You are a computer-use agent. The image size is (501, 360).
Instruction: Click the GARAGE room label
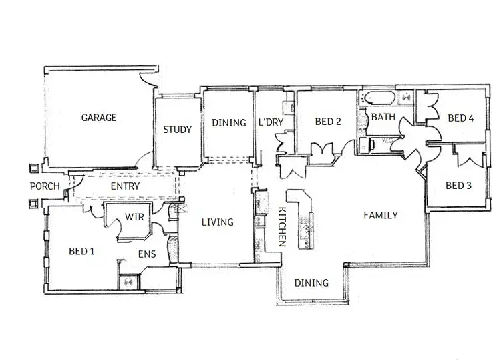click(x=98, y=118)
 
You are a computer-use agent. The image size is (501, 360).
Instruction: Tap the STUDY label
click(x=178, y=130)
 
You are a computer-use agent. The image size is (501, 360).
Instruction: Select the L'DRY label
click(x=272, y=122)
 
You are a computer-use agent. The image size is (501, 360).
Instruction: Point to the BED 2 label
click(x=328, y=122)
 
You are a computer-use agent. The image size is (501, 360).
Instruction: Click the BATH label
click(x=383, y=117)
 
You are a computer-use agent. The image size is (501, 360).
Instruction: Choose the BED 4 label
click(x=460, y=118)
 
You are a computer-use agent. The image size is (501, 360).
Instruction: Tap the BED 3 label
click(x=458, y=185)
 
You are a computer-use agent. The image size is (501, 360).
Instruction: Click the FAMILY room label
click(x=381, y=215)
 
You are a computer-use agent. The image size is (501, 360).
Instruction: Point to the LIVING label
click(x=217, y=222)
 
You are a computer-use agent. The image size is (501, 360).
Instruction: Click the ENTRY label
click(x=125, y=186)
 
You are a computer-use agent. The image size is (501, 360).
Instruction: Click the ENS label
click(x=147, y=254)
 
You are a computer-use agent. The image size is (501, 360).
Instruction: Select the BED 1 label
click(x=81, y=251)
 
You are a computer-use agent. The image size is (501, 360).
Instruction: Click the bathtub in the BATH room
click(x=379, y=100)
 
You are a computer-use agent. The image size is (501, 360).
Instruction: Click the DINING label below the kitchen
click(x=311, y=283)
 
